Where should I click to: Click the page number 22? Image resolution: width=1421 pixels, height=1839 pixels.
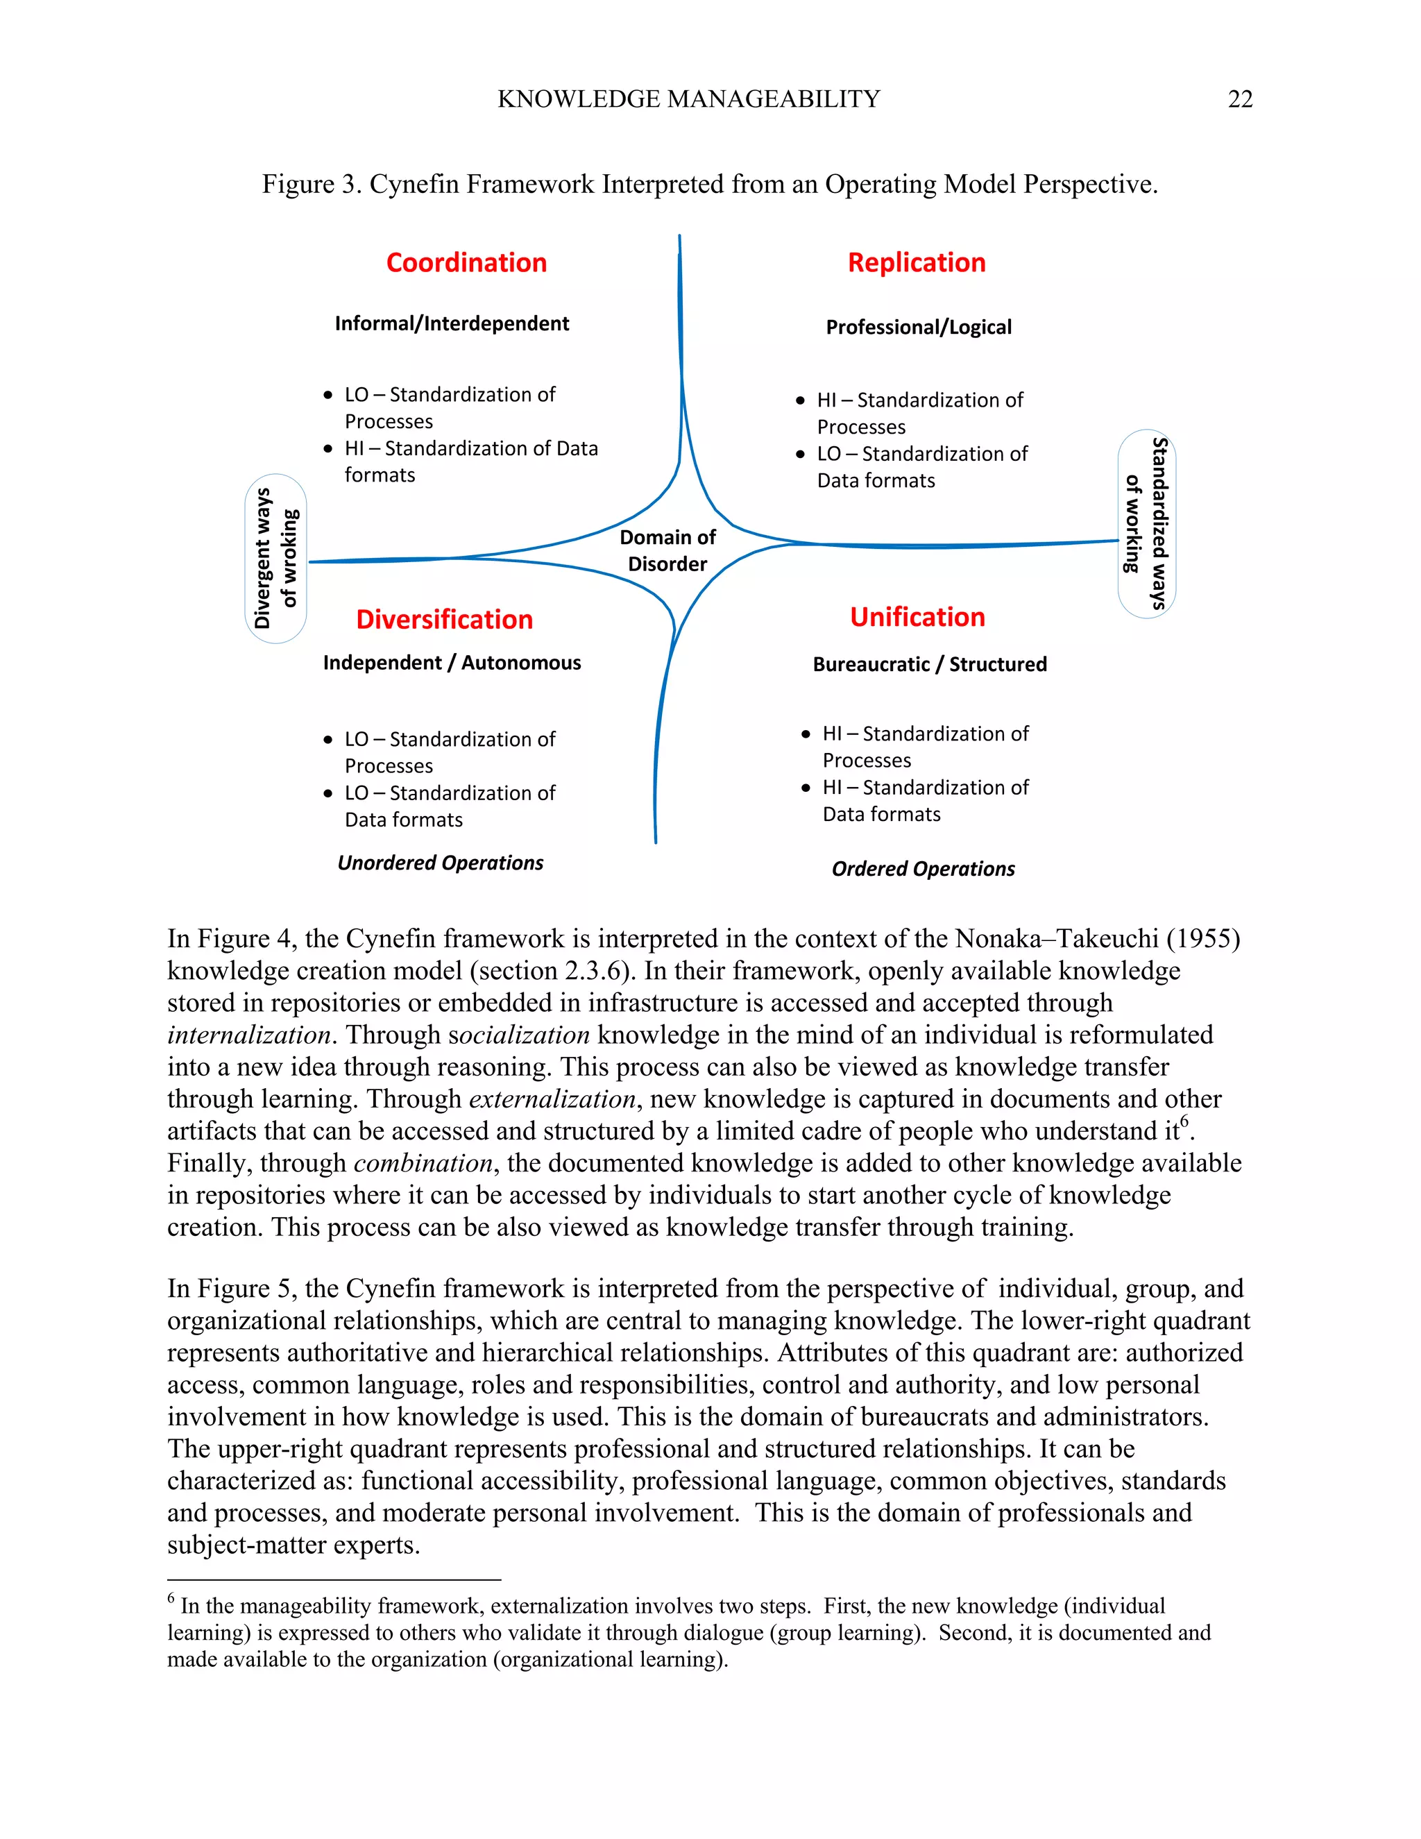[1239, 99]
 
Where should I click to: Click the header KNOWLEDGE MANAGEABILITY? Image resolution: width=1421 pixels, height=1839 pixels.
[688, 99]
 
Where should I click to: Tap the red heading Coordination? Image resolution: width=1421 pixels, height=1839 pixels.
[466, 263]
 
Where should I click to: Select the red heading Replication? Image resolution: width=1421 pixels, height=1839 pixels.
[916, 263]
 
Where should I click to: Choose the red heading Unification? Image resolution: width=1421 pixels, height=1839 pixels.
[917, 617]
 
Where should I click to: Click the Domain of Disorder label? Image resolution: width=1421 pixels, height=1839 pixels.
[667, 551]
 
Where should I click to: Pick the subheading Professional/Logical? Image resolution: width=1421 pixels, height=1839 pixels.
[919, 328]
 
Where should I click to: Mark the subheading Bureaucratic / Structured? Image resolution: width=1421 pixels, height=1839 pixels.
[929, 664]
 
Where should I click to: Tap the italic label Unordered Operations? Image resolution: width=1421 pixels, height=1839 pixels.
[441, 863]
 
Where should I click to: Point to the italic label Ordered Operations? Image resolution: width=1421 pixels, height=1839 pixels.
[923, 869]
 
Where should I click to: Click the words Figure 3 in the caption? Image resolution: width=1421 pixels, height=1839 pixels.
[311, 185]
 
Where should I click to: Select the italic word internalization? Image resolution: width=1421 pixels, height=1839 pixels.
[248, 1035]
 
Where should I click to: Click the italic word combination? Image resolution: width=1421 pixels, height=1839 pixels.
[423, 1164]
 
